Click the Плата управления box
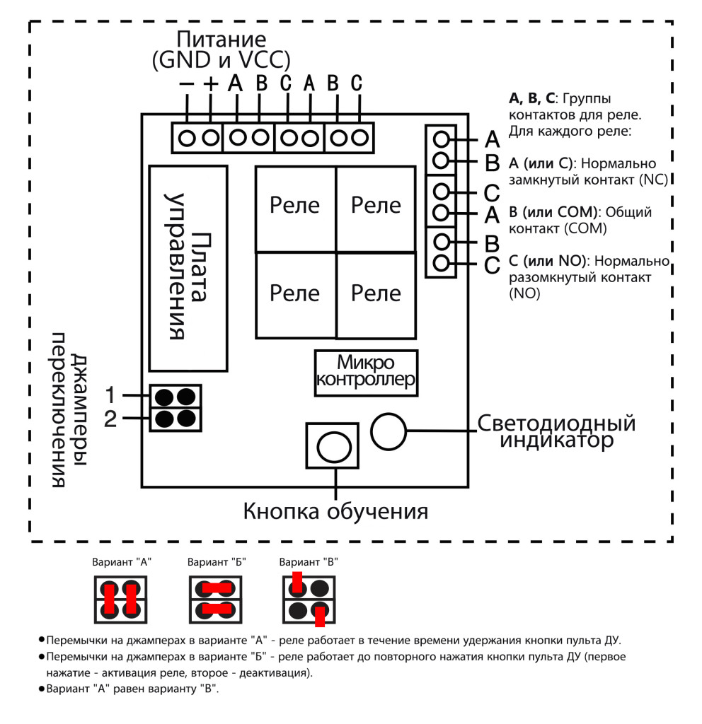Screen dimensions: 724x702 (188, 269)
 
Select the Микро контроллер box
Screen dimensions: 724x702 (365, 373)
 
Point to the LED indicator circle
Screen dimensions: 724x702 (389, 431)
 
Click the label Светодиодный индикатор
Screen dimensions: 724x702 (556, 432)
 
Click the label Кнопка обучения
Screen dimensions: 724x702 (335, 510)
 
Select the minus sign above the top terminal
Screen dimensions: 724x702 (187, 83)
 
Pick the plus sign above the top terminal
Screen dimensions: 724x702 (211, 83)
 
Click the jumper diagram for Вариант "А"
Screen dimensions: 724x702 (120, 598)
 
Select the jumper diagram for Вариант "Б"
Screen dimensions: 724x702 (215, 598)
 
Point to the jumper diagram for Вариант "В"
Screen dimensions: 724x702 (309, 598)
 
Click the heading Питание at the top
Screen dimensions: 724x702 (221, 40)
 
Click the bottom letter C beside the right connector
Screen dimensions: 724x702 (493, 267)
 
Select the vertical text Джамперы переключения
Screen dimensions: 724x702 (71, 410)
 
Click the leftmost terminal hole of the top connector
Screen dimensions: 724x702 (187, 138)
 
